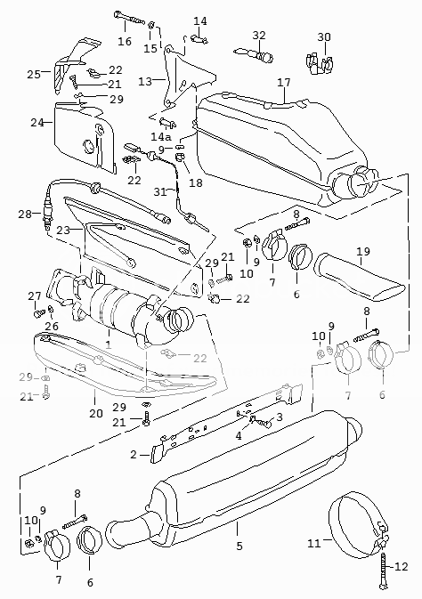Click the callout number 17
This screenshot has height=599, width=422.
284,83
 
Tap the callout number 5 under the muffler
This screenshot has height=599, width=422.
239,546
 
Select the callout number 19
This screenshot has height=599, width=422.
363,252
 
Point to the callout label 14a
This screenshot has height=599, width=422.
161,136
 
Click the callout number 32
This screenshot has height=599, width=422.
259,35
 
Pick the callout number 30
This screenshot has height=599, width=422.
324,37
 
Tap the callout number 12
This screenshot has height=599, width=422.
402,566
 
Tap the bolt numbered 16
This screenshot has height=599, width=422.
129,19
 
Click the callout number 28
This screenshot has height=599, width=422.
25,215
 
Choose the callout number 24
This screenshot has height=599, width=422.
37,123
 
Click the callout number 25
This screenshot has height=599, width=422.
34,74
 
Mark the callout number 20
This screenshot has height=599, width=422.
96,413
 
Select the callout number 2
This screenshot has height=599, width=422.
133,455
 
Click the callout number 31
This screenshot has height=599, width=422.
160,191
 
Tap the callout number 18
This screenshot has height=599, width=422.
196,182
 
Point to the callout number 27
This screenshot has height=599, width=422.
35,296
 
